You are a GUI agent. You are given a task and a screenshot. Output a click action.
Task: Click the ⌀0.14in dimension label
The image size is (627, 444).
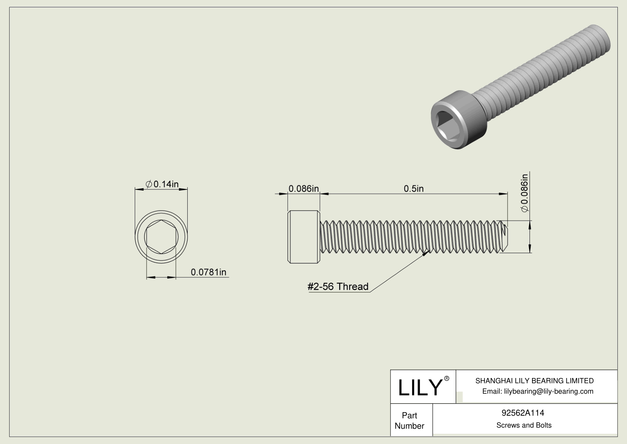coord(162,184)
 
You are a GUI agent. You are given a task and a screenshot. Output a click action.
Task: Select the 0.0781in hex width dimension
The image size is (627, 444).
coord(208,273)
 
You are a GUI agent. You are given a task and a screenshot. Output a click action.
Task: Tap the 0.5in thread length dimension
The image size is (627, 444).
coord(414,189)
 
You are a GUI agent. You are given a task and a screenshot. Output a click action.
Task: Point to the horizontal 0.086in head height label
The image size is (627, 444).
coord(303,189)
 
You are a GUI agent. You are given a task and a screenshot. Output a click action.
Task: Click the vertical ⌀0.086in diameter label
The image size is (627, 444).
coord(524,193)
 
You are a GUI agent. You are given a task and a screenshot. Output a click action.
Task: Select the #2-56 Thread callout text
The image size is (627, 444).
coord(338,287)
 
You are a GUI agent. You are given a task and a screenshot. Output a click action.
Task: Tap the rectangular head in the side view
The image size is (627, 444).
coord(303,237)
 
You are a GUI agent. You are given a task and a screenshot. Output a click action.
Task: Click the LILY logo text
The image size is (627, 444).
coord(420,388)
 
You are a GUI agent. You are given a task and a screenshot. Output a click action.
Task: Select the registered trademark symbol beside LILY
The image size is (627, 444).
coord(447,378)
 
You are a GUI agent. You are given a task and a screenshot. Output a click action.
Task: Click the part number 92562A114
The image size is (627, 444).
coord(523,413)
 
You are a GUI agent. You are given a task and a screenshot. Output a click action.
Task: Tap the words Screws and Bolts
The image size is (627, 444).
coord(523,425)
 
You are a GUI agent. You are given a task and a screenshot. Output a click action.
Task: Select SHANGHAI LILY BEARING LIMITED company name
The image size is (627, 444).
coord(534,381)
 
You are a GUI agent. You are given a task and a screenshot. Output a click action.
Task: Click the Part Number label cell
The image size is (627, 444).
coord(410,421)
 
